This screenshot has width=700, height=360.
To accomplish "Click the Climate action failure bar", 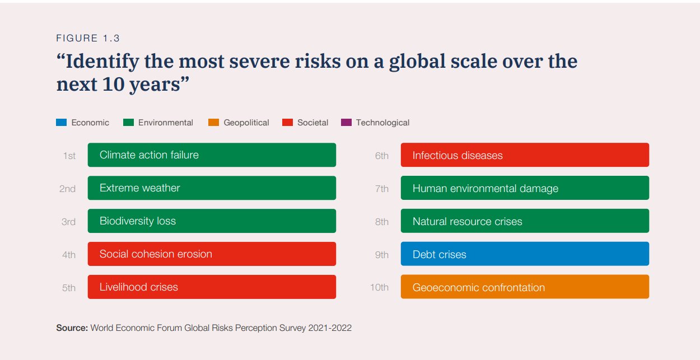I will [x=212, y=155].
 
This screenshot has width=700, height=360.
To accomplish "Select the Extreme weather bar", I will [x=212, y=188].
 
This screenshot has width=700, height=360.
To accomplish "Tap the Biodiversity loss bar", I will [x=212, y=221].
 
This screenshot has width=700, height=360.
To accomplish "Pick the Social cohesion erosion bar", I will [x=212, y=254].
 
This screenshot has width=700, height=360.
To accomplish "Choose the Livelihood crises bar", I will [x=212, y=287].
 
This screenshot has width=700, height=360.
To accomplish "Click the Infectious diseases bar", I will [x=525, y=155].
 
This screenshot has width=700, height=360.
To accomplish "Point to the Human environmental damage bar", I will [x=525, y=188].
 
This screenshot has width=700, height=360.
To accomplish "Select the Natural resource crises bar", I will [x=525, y=221].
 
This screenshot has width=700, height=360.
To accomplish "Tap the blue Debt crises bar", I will [x=525, y=254].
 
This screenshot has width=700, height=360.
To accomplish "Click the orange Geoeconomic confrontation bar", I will [x=525, y=287].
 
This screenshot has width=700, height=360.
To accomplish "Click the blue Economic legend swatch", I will [x=62, y=123].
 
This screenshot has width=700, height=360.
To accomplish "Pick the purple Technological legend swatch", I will [x=346, y=123].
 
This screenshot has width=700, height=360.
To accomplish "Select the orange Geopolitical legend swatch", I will [x=213, y=123].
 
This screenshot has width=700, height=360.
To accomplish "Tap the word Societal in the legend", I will [x=312, y=123].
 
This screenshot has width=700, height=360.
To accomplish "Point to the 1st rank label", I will [x=69, y=156].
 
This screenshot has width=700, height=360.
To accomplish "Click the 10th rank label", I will [x=379, y=288].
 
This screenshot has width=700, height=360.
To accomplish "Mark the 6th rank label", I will [x=381, y=156].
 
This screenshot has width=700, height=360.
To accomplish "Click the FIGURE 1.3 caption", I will [x=88, y=39].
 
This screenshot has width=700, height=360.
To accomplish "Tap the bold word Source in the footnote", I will [x=72, y=328].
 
